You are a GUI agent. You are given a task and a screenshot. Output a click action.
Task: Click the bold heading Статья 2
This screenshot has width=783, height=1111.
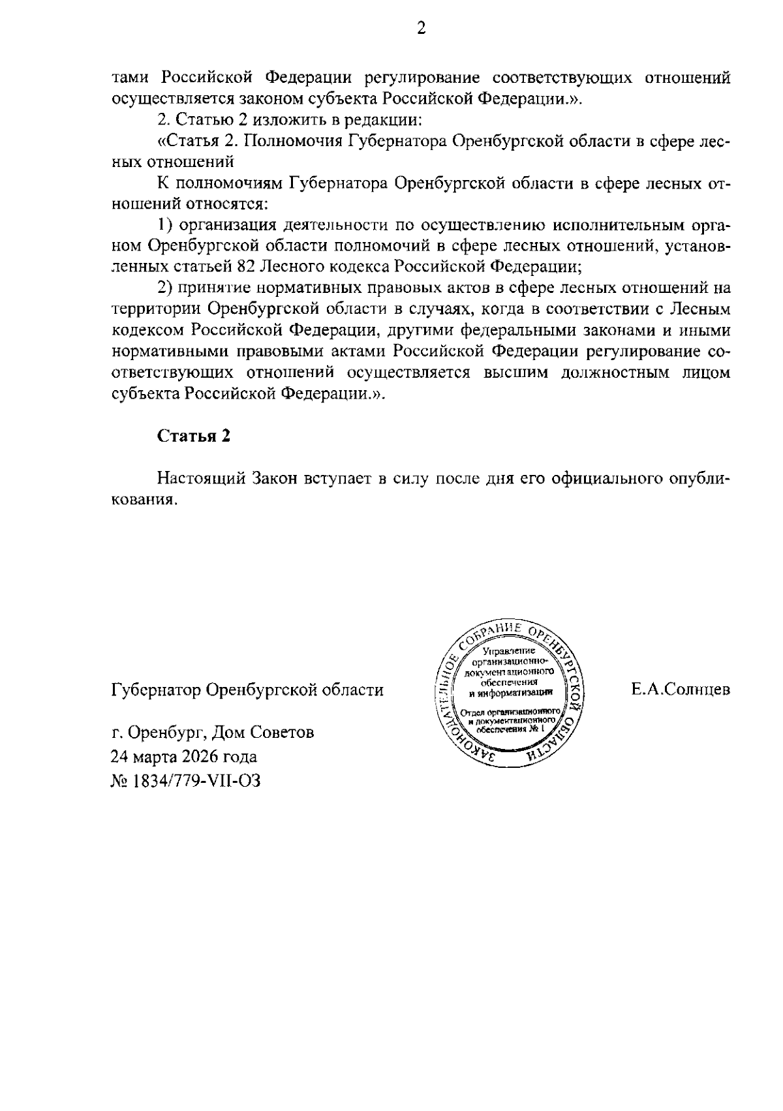193,436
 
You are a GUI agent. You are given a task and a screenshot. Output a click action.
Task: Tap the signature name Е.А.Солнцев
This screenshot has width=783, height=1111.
681,690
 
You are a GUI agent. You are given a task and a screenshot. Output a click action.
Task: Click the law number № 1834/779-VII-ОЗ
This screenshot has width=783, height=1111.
185,780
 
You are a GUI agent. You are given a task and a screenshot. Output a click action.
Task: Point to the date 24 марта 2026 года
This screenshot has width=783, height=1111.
184,756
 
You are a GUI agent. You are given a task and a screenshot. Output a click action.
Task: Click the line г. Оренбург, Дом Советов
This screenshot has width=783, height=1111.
213,732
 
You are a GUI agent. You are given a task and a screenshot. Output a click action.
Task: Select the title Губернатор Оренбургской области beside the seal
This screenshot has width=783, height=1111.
247,690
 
